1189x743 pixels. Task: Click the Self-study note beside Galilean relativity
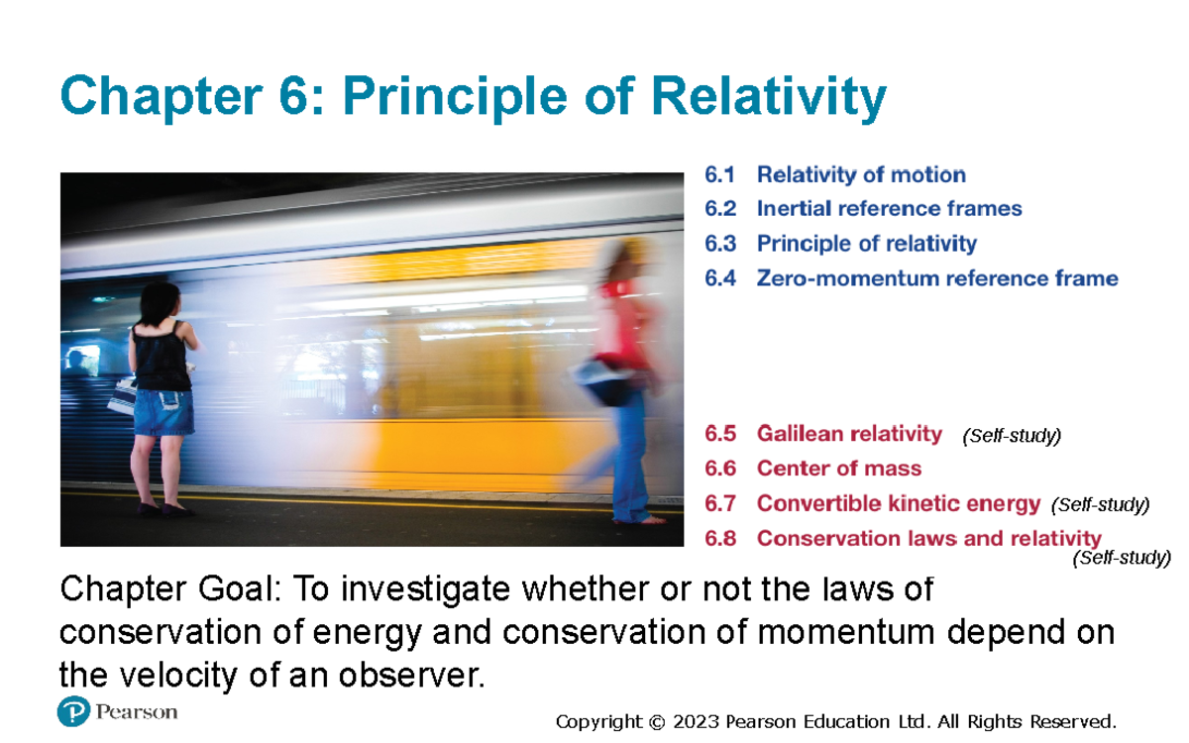point(1011,436)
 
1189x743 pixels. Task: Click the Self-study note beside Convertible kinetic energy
point(1100,505)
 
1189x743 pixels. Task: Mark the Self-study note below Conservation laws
point(1122,559)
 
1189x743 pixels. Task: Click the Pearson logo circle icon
point(74,712)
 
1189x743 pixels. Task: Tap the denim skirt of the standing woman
point(163,412)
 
